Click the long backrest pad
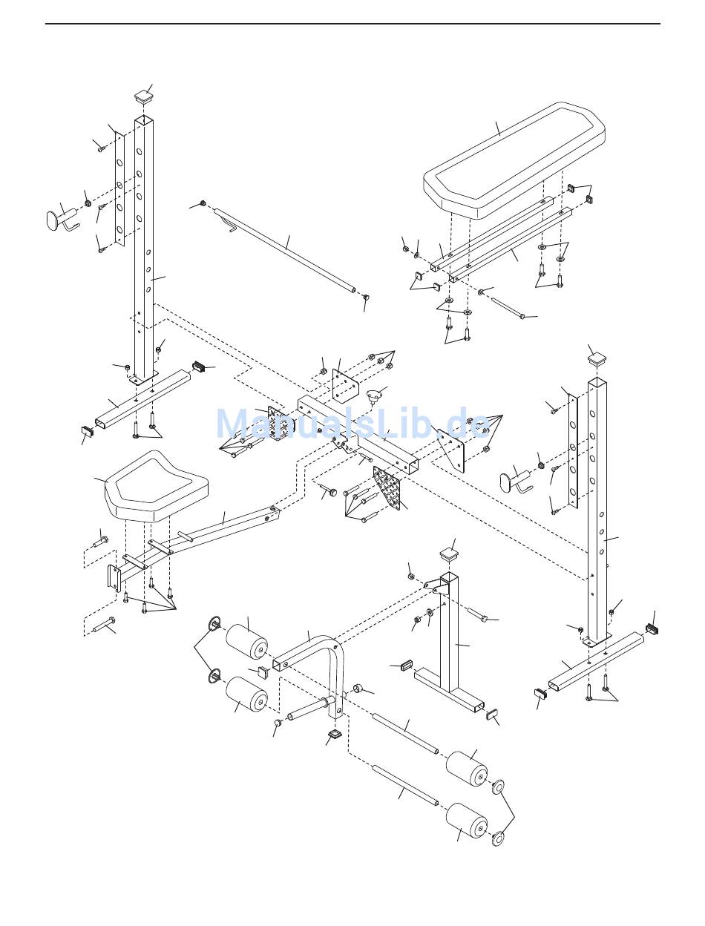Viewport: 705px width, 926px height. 514,161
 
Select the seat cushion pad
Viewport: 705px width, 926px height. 156,485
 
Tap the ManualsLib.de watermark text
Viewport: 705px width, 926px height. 352,422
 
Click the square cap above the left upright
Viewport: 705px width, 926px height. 143,96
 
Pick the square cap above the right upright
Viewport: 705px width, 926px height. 598,359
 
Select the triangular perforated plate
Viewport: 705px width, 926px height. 386,487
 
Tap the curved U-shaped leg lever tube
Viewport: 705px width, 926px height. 309,674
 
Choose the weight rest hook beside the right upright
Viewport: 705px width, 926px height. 517,480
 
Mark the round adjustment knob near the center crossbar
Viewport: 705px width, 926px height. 373,396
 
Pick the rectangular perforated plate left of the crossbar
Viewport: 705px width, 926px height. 277,424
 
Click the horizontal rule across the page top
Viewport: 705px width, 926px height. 352,24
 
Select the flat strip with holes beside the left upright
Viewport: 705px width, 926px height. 119,189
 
